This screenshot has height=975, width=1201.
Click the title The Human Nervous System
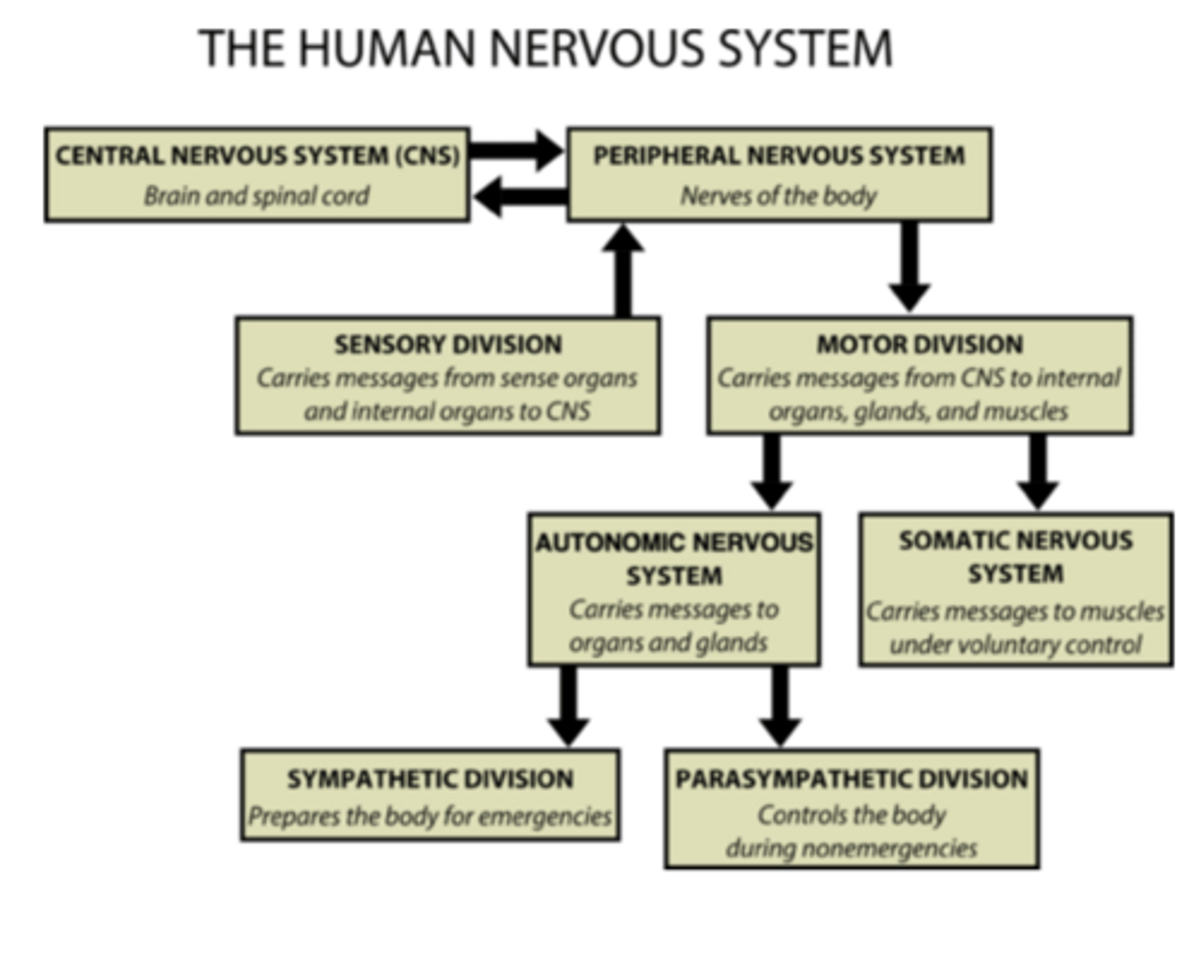point(546,48)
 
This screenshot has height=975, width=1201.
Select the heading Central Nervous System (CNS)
point(257,156)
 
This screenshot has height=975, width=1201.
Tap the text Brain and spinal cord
point(257,196)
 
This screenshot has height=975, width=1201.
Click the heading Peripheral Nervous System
point(779,156)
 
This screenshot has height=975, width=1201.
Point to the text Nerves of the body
point(779,196)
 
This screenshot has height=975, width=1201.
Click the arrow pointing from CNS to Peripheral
point(517,149)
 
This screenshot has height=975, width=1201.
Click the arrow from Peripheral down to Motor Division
point(909,267)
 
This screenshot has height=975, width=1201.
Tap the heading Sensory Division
point(448,344)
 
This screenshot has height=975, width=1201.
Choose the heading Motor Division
point(919,344)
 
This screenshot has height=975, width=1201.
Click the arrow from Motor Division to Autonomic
point(772,471)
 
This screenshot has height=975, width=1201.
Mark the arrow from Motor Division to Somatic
point(1038,471)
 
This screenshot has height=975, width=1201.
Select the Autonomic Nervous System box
point(674,590)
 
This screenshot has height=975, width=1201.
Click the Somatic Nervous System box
point(1015,590)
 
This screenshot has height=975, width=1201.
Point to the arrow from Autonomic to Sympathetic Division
point(569,706)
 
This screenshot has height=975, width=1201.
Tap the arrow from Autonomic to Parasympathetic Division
point(781,706)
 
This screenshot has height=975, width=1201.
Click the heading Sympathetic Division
point(430,779)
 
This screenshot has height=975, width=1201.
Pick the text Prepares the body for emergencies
point(430,816)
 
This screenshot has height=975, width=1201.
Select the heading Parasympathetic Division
point(852,779)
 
